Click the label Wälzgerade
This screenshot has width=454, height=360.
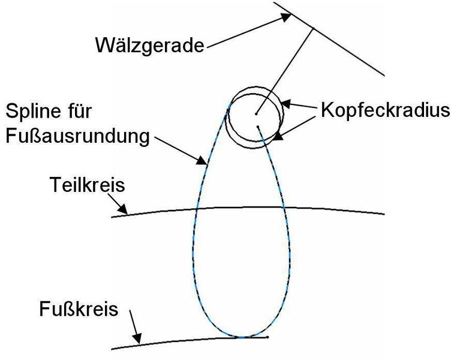(149, 46)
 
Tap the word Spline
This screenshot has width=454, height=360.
(36, 112)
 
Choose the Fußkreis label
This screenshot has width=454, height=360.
(79, 311)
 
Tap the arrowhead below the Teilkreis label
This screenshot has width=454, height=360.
(123, 211)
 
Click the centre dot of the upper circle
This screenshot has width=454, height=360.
(255, 112)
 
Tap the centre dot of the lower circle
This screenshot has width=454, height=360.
(258, 127)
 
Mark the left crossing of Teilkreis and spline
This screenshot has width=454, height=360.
(197, 209)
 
